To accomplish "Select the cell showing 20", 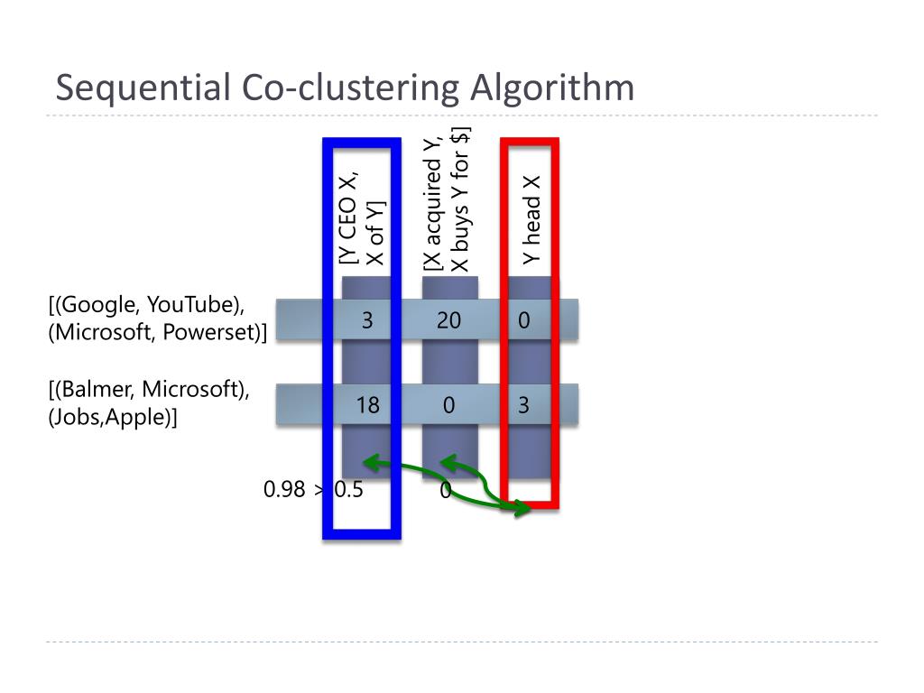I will click(x=448, y=320).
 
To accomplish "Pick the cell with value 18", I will click(x=367, y=405).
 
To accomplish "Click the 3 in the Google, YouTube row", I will click(x=367, y=320).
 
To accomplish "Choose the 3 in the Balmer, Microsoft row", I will click(x=523, y=405).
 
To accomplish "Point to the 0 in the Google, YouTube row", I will click(x=523, y=320).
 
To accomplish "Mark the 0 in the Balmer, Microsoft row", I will click(x=448, y=405).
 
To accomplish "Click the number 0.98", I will click(x=284, y=490).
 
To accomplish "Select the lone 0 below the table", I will click(x=445, y=490).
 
